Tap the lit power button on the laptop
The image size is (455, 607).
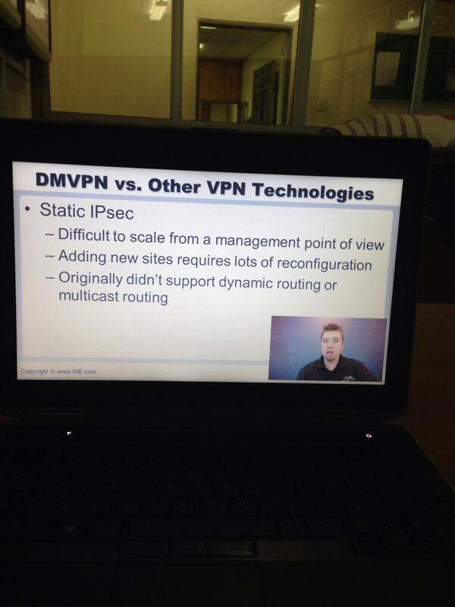click(369, 436)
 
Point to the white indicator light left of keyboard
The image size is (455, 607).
click(68, 433)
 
